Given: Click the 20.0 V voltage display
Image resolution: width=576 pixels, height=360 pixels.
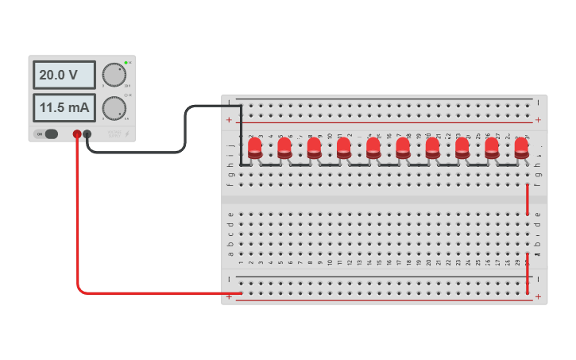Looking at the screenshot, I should [x=64, y=75].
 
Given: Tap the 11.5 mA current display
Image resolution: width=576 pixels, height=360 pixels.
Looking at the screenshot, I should [x=64, y=106].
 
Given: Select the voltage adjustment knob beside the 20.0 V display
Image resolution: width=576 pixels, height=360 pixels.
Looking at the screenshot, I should [x=114, y=75].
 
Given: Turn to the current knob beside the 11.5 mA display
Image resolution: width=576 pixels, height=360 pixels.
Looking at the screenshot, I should [x=114, y=107].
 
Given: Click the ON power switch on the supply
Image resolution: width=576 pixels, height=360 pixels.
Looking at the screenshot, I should [x=50, y=134].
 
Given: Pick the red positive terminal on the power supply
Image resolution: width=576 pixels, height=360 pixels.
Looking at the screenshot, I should [x=77, y=134].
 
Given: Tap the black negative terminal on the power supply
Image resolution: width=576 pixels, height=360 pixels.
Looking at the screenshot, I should [x=87, y=134].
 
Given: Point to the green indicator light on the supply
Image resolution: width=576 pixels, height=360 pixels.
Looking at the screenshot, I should [x=126, y=62].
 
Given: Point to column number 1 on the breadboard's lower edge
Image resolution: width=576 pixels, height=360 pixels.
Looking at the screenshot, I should [x=241, y=263].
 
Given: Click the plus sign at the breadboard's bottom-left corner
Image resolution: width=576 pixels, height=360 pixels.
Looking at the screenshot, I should [x=230, y=296].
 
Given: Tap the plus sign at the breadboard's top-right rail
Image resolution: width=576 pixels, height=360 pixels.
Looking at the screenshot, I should [x=538, y=120].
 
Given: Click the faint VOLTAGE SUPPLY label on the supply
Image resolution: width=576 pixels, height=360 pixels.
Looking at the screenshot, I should [x=114, y=134].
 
